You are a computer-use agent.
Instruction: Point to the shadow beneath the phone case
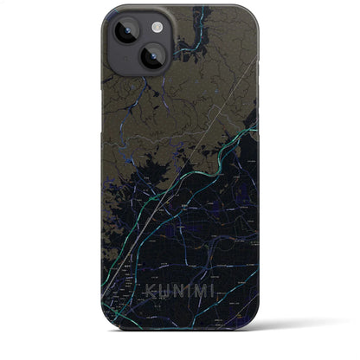tap(179, 356)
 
